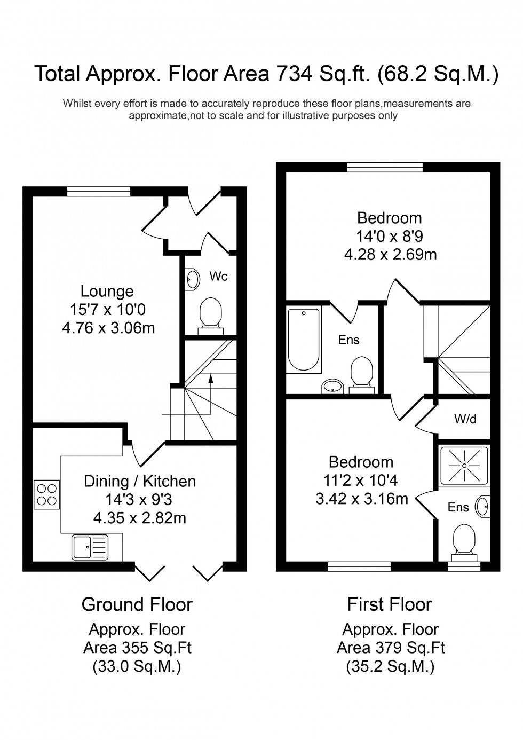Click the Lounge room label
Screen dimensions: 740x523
click(107, 292)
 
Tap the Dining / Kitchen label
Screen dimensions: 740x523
click(140, 482)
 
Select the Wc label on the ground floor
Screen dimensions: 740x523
click(219, 276)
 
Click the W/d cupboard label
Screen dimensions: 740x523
click(465, 420)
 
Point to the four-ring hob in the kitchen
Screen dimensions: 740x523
click(46, 494)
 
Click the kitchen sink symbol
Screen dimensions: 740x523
click(89, 547)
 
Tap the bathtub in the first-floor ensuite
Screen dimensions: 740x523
click(304, 340)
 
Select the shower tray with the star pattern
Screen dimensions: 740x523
click(464, 466)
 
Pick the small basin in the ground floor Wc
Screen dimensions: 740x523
click(192, 279)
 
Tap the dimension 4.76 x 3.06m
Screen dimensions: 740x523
click(108, 327)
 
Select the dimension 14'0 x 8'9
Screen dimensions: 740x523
click(390, 236)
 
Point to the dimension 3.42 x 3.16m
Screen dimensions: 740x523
click(362, 499)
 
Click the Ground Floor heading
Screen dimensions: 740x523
click(137, 604)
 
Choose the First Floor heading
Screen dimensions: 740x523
click(390, 604)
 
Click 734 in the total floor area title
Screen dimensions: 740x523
click(294, 74)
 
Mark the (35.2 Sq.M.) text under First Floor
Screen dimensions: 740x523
click(390, 667)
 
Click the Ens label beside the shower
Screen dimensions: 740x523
click(458, 507)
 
